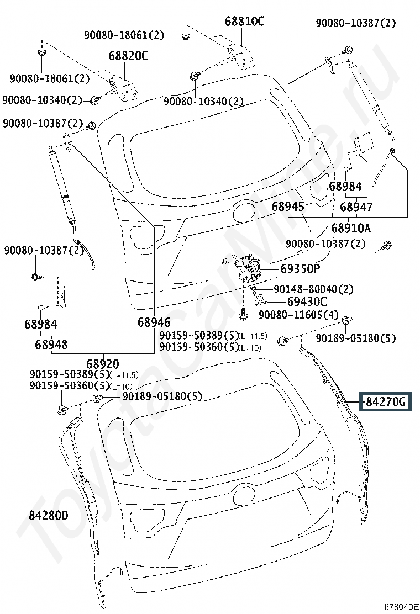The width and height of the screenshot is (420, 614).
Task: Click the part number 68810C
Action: [244, 22]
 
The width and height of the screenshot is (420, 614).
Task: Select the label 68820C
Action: [128, 56]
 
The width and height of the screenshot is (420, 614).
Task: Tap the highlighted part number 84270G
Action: [386, 402]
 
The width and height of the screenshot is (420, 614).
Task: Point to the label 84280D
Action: [49, 516]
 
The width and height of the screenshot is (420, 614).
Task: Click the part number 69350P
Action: [300, 269]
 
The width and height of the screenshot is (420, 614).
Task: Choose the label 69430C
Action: [307, 301]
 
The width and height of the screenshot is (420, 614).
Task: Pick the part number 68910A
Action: [351, 227]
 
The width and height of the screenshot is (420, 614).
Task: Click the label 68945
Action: [288, 207]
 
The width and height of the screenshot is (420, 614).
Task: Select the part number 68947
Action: [356, 207]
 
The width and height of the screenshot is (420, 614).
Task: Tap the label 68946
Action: [154, 322]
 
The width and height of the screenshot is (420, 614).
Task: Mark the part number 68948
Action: [51, 345]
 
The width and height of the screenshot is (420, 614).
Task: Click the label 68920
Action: [102, 364]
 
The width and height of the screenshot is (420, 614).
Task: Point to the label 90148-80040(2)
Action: [313, 289]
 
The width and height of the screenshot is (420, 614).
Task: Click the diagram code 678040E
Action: [401, 606]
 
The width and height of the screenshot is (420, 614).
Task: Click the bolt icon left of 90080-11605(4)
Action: [243, 315]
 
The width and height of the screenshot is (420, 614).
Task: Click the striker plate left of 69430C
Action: [260, 299]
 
